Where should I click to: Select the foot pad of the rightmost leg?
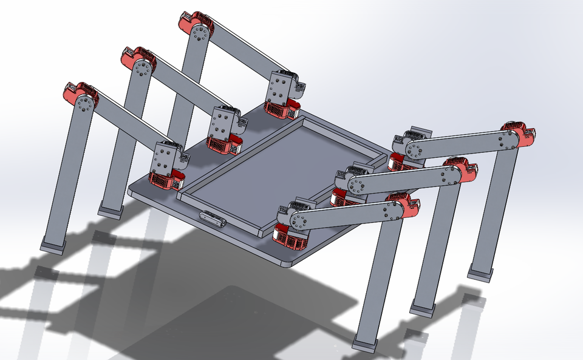point(480,271)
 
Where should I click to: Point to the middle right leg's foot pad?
point(423,308)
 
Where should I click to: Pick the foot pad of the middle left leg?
point(110,210)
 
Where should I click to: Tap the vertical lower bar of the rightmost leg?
point(498,206)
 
